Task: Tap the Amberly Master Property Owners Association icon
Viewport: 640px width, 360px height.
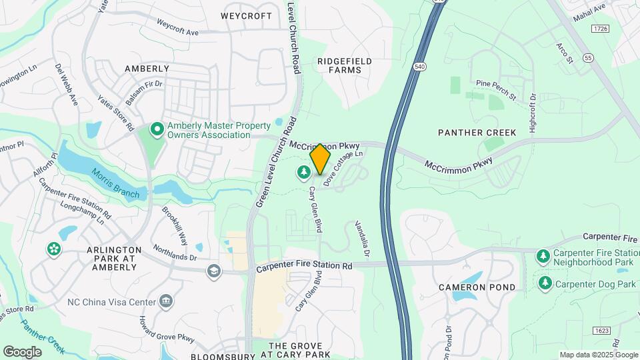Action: [x=157, y=128]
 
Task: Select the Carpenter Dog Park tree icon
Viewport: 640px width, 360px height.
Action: [x=545, y=283]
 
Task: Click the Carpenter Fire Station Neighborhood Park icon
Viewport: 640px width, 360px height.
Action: [x=544, y=257]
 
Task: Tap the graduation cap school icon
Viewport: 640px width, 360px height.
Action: [x=213, y=271]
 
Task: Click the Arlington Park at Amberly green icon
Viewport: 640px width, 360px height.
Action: [x=53, y=249]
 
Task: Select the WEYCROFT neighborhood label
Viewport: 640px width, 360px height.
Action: [x=247, y=16]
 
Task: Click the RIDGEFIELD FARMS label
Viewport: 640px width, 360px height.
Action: [x=345, y=65]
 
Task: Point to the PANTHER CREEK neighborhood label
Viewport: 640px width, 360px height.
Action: [x=477, y=133]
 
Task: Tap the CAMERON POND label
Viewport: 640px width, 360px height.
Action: [x=477, y=287]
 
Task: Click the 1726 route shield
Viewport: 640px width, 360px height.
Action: [x=601, y=29]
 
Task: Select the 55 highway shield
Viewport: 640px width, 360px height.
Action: [x=587, y=59]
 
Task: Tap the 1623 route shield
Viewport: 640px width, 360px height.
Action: [x=601, y=331]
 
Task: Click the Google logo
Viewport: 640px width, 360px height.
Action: [x=22, y=351]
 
